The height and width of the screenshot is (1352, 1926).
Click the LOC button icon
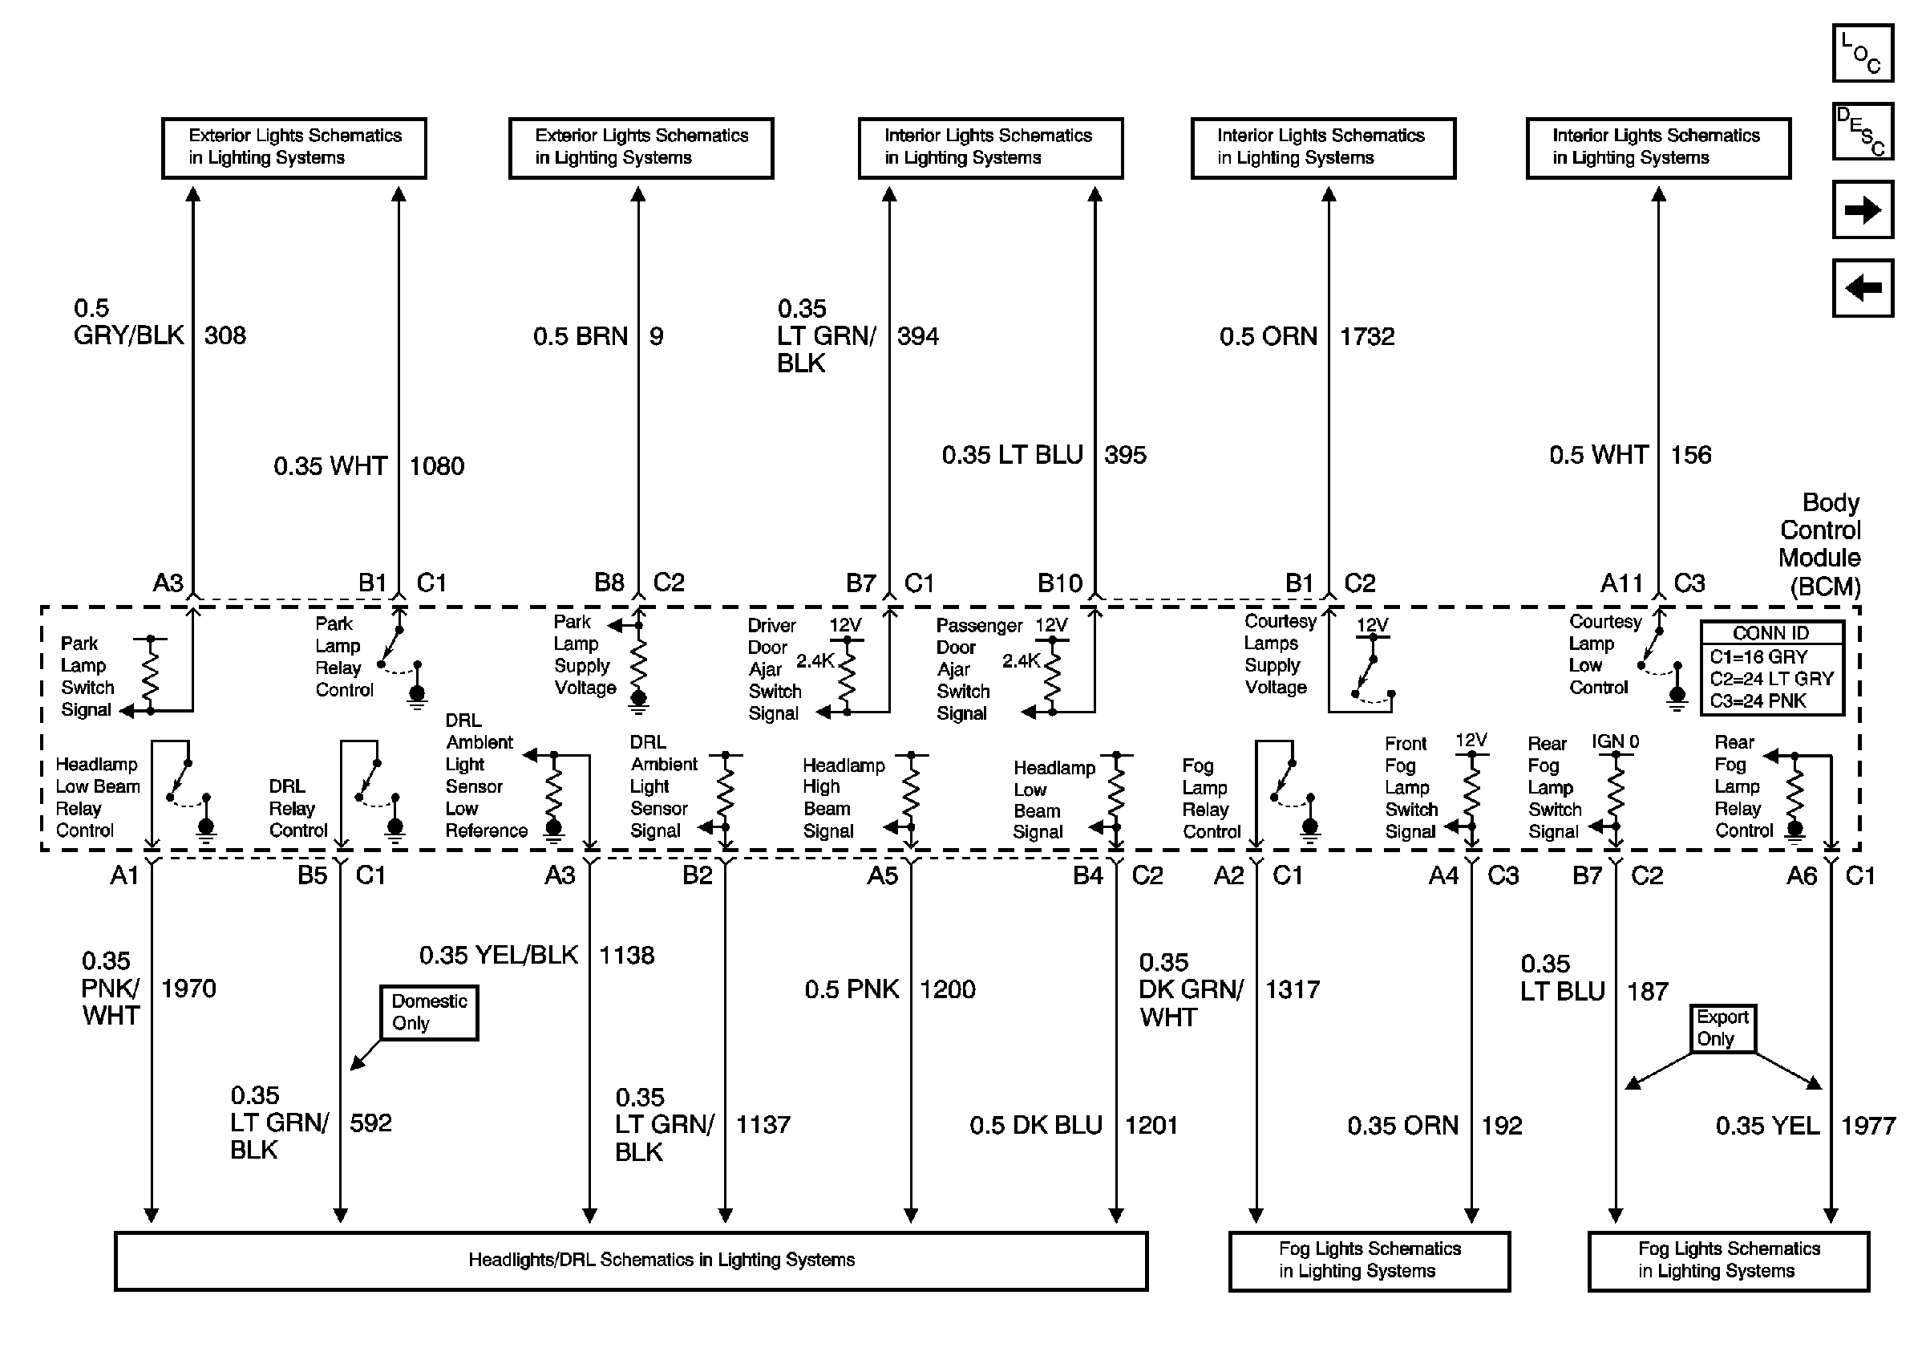tap(1862, 53)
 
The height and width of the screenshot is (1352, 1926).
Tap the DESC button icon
tap(1862, 131)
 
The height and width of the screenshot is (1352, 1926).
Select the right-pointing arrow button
tap(1862, 209)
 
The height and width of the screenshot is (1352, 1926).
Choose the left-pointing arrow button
tap(1862, 288)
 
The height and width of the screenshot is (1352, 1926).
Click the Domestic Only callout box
tap(429, 1012)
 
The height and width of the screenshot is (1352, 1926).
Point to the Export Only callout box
tap(1722, 1028)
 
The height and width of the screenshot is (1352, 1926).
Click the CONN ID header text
tap(1770, 633)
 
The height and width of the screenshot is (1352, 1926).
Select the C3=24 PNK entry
tap(1758, 700)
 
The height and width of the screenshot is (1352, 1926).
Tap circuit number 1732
tap(1366, 336)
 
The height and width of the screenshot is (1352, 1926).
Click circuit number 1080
tap(436, 465)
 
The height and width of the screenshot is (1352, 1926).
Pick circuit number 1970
tap(188, 989)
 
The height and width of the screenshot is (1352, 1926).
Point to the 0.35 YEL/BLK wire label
tap(498, 955)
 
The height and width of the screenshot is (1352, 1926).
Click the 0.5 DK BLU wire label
tap(1035, 1126)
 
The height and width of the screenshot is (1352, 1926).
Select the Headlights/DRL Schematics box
tap(631, 1261)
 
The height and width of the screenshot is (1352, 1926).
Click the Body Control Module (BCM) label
tap(1819, 544)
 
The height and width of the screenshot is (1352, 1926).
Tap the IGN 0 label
tap(1615, 742)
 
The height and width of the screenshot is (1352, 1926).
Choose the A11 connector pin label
tap(1621, 583)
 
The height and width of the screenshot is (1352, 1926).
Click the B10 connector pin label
tap(1059, 583)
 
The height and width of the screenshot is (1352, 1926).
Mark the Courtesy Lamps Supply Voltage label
tap(1276, 655)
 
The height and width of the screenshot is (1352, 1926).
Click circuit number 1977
tap(1867, 1126)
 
